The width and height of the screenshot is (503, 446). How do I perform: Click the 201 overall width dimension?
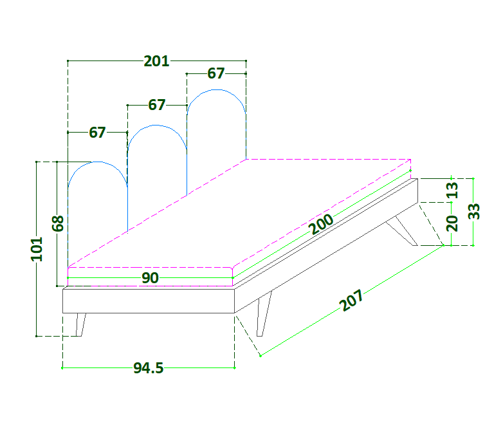[156, 61]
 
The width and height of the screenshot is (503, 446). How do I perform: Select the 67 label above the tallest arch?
[216, 73]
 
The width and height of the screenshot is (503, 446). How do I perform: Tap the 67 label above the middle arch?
[157, 104]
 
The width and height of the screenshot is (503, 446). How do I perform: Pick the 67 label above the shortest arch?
[97, 133]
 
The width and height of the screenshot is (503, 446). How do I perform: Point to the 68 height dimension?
[58, 223]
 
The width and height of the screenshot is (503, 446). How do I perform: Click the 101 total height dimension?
[37, 249]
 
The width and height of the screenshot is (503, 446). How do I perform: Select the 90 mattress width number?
[150, 278]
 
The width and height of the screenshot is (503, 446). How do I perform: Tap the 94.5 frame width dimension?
[149, 368]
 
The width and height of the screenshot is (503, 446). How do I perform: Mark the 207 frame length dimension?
[352, 301]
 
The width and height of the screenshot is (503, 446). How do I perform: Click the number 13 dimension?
[453, 190]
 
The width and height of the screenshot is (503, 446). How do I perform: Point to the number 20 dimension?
[453, 223]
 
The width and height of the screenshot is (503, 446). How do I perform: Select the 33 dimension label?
[474, 211]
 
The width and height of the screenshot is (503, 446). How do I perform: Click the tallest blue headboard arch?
[216, 122]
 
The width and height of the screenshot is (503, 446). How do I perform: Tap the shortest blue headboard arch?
[97, 193]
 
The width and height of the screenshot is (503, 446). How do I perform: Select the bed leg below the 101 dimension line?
[80, 324]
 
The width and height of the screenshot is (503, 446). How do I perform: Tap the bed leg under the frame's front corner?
[263, 314]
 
